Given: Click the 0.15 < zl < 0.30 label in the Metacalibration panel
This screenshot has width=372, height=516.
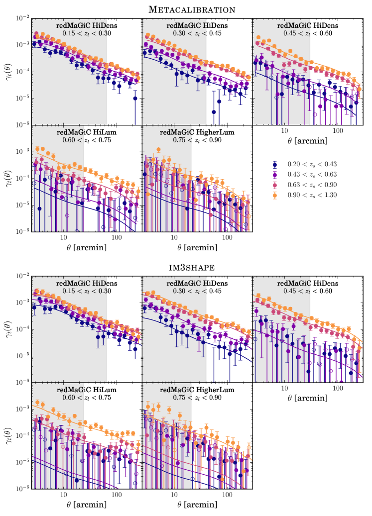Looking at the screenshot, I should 87,33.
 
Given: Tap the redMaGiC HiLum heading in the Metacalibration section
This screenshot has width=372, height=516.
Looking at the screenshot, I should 87,132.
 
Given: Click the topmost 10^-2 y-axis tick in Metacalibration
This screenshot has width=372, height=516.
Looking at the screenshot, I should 22,18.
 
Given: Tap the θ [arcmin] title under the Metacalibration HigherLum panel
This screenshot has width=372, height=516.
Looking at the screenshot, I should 197,247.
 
